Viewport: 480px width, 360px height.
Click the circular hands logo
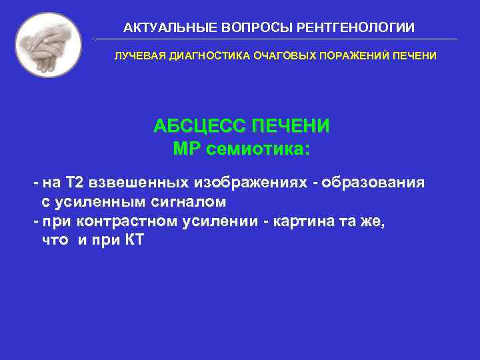pyautogui.click(x=48, y=45)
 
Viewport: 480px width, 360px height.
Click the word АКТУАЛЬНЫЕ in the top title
pyautogui.click(x=163, y=27)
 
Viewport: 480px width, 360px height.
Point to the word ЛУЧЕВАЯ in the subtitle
pyautogui.click(x=135, y=56)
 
